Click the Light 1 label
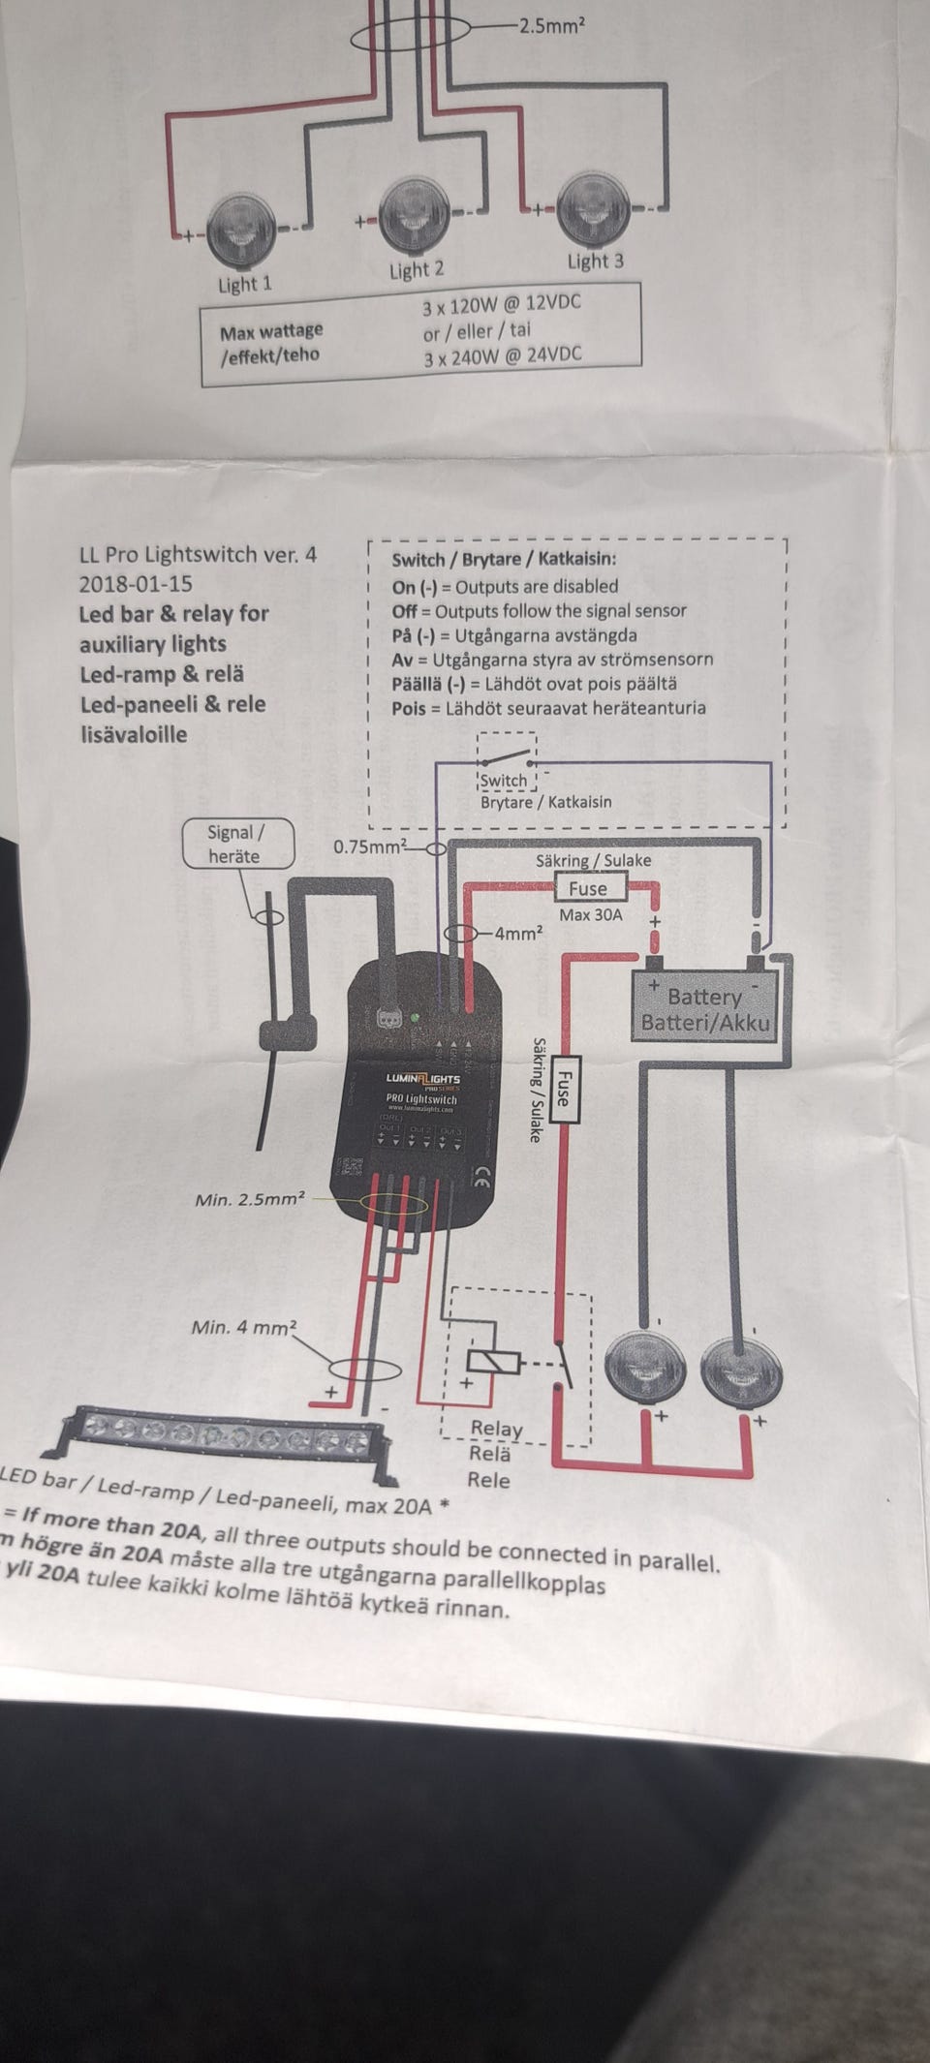coord(244,285)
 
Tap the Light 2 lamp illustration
coord(415,216)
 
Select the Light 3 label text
coord(595,261)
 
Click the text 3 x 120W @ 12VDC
coord(502,304)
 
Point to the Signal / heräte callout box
coord(236,845)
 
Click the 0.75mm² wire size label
coord(369,847)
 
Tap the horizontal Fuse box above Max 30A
coord(588,888)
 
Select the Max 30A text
coord(590,914)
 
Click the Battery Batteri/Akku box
coord(704,1008)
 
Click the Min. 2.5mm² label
coord(250,1199)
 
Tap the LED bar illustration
coord(221,1433)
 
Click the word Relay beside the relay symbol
coord(496,1429)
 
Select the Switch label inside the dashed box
coord(504,781)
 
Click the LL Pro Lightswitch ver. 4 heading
coord(198,555)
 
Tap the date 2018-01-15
coord(136,584)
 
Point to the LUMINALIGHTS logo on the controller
coord(423,1078)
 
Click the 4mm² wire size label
coord(518,934)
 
